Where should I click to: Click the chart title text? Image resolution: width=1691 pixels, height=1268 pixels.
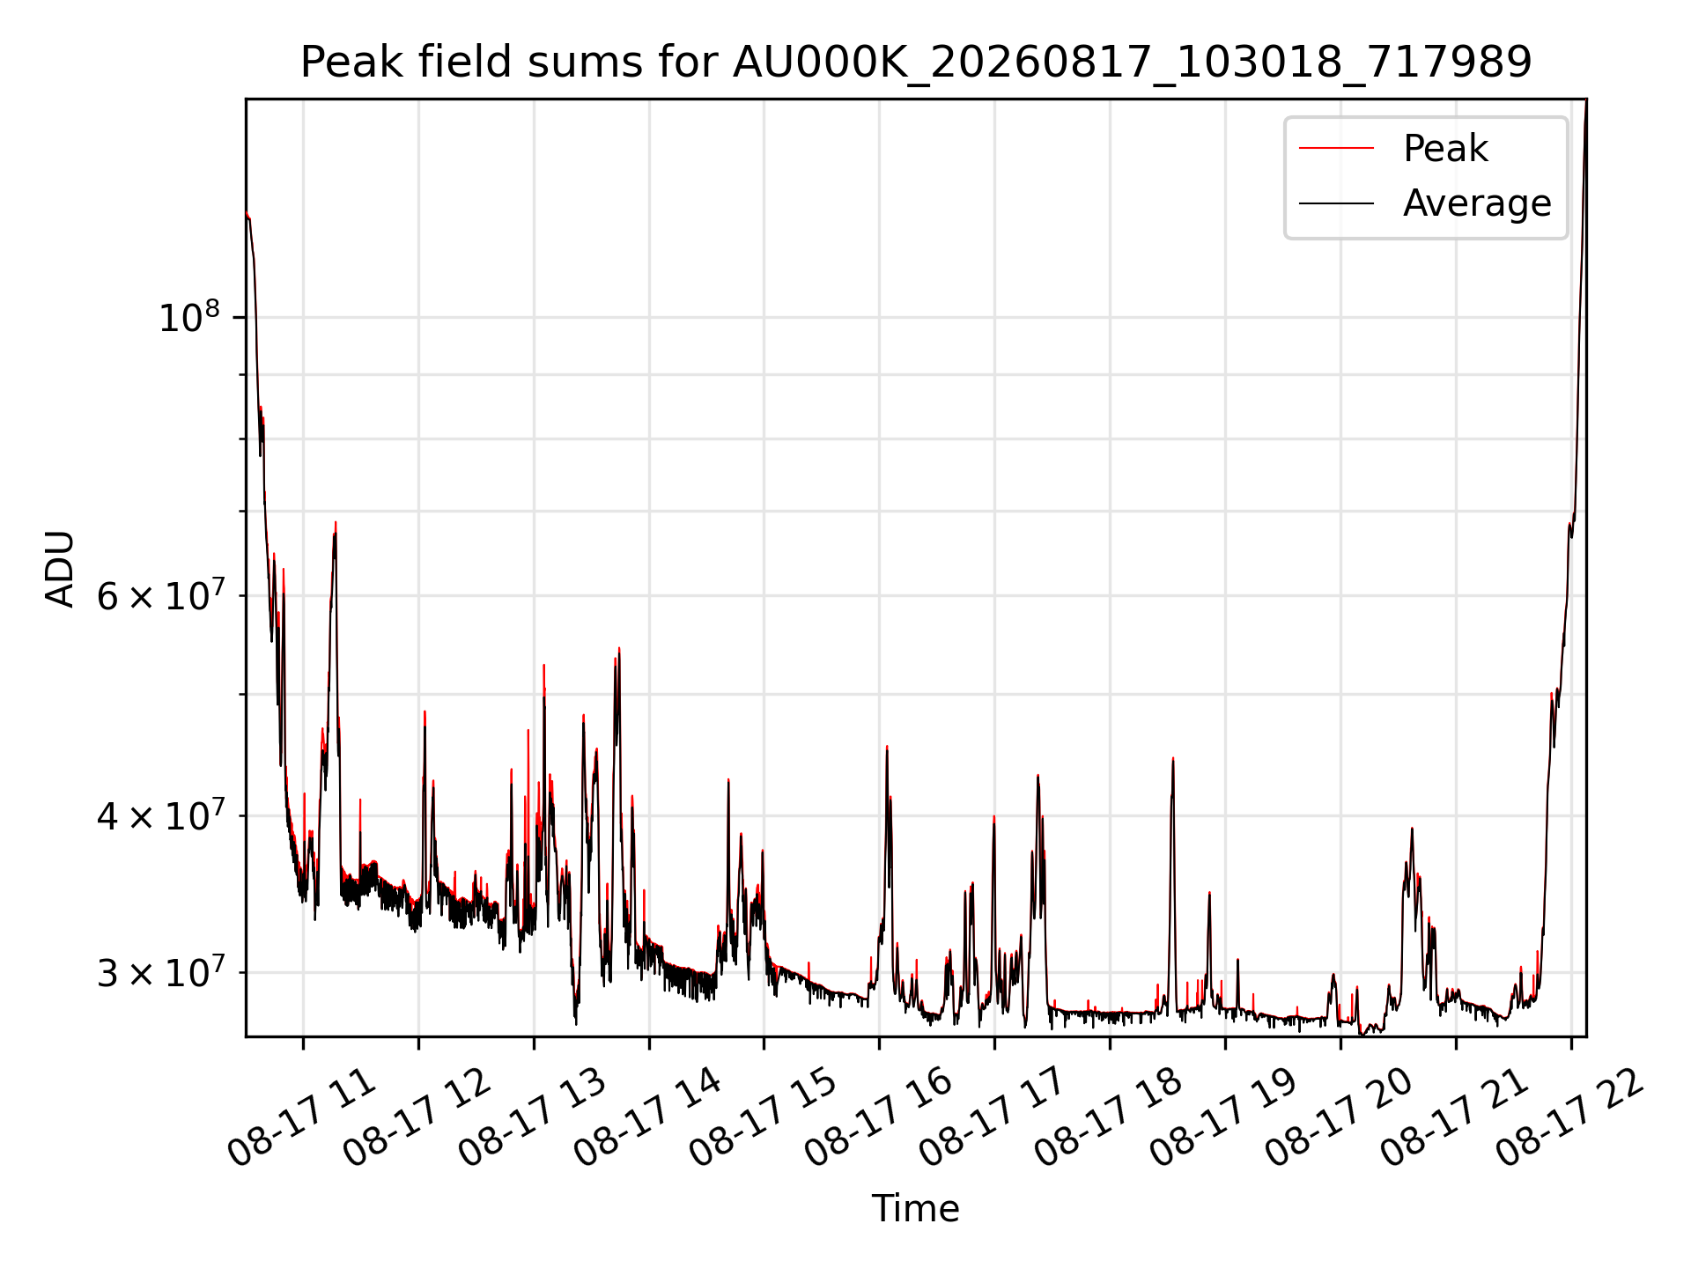pos(916,63)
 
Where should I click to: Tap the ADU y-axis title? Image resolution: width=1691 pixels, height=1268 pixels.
pos(60,569)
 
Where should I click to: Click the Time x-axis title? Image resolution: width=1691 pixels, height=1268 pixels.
pos(916,1208)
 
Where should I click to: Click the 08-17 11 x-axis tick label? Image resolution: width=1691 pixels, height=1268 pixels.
pos(301,1118)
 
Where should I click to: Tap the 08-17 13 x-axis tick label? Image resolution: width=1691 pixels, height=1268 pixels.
pos(532,1118)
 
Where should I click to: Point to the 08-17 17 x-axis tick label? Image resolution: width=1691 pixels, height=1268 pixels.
pos(993,1118)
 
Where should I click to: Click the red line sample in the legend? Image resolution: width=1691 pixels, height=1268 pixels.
pos(1336,148)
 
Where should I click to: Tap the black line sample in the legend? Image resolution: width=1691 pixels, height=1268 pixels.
pos(1336,203)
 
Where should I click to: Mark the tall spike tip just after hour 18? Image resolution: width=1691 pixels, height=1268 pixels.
pos(1173,758)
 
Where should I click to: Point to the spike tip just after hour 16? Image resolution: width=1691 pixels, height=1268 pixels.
pos(887,747)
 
